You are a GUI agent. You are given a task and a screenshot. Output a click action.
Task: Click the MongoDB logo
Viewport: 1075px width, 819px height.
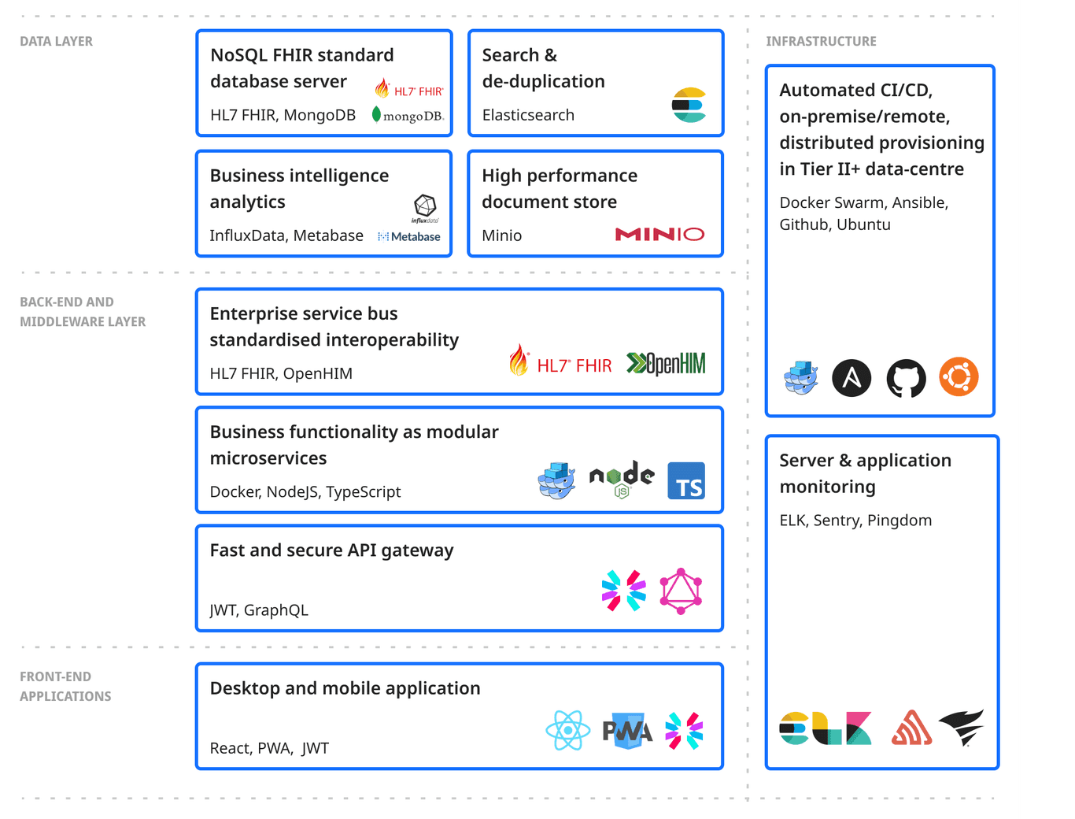pyautogui.click(x=408, y=116)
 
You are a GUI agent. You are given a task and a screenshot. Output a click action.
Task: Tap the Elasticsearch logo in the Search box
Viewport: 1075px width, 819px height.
pyautogui.click(x=689, y=106)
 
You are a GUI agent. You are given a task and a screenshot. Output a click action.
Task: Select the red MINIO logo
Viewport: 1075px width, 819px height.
pyautogui.click(x=659, y=234)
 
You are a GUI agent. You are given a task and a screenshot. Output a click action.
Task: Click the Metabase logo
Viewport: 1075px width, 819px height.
pyautogui.click(x=409, y=236)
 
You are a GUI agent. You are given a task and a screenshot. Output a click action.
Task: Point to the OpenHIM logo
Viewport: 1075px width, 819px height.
pyautogui.click(x=666, y=363)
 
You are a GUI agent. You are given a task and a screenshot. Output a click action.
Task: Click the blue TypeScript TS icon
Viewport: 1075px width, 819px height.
pyautogui.click(x=686, y=481)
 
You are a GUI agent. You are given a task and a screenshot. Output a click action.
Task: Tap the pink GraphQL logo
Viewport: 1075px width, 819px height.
pyautogui.click(x=681, y=591)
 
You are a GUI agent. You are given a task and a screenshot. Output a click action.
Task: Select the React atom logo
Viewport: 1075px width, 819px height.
pyautogui.click(x=567, y=730)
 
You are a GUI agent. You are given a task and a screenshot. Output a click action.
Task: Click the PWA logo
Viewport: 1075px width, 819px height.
pyautogui.click(x=627, y=732)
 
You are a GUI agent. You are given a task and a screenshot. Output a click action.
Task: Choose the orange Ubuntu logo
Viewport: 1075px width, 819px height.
pyautogui.click(x=959, y=376)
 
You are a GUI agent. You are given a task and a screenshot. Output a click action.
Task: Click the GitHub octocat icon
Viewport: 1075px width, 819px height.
pyautogui.click(x=907, y=378)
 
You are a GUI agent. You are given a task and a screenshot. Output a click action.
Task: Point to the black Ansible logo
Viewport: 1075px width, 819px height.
pyautogui.click(x=852, y=378)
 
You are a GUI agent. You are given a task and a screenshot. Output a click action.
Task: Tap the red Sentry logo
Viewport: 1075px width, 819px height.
pyautogui.click(x=911, y=728)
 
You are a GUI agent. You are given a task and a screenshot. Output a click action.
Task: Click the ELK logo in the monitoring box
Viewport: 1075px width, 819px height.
pyautogui.click(x=826, y=728)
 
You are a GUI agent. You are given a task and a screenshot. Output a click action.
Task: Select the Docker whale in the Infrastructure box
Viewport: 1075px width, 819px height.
pyautogui.click(x=801, y=377)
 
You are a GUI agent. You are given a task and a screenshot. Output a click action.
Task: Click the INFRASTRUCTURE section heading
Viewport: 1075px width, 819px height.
pyautogui.click(x=821, y=42)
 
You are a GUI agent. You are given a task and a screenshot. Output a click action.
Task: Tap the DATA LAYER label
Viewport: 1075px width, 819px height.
pyautogui.click(x=56, y=42)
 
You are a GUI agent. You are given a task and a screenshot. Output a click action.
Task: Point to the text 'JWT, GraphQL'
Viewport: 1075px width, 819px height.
pyautogui.click(x=259, y=610)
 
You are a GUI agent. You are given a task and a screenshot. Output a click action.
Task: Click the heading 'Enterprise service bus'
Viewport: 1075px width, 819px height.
pyautogui.click(x=304, y=313)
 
